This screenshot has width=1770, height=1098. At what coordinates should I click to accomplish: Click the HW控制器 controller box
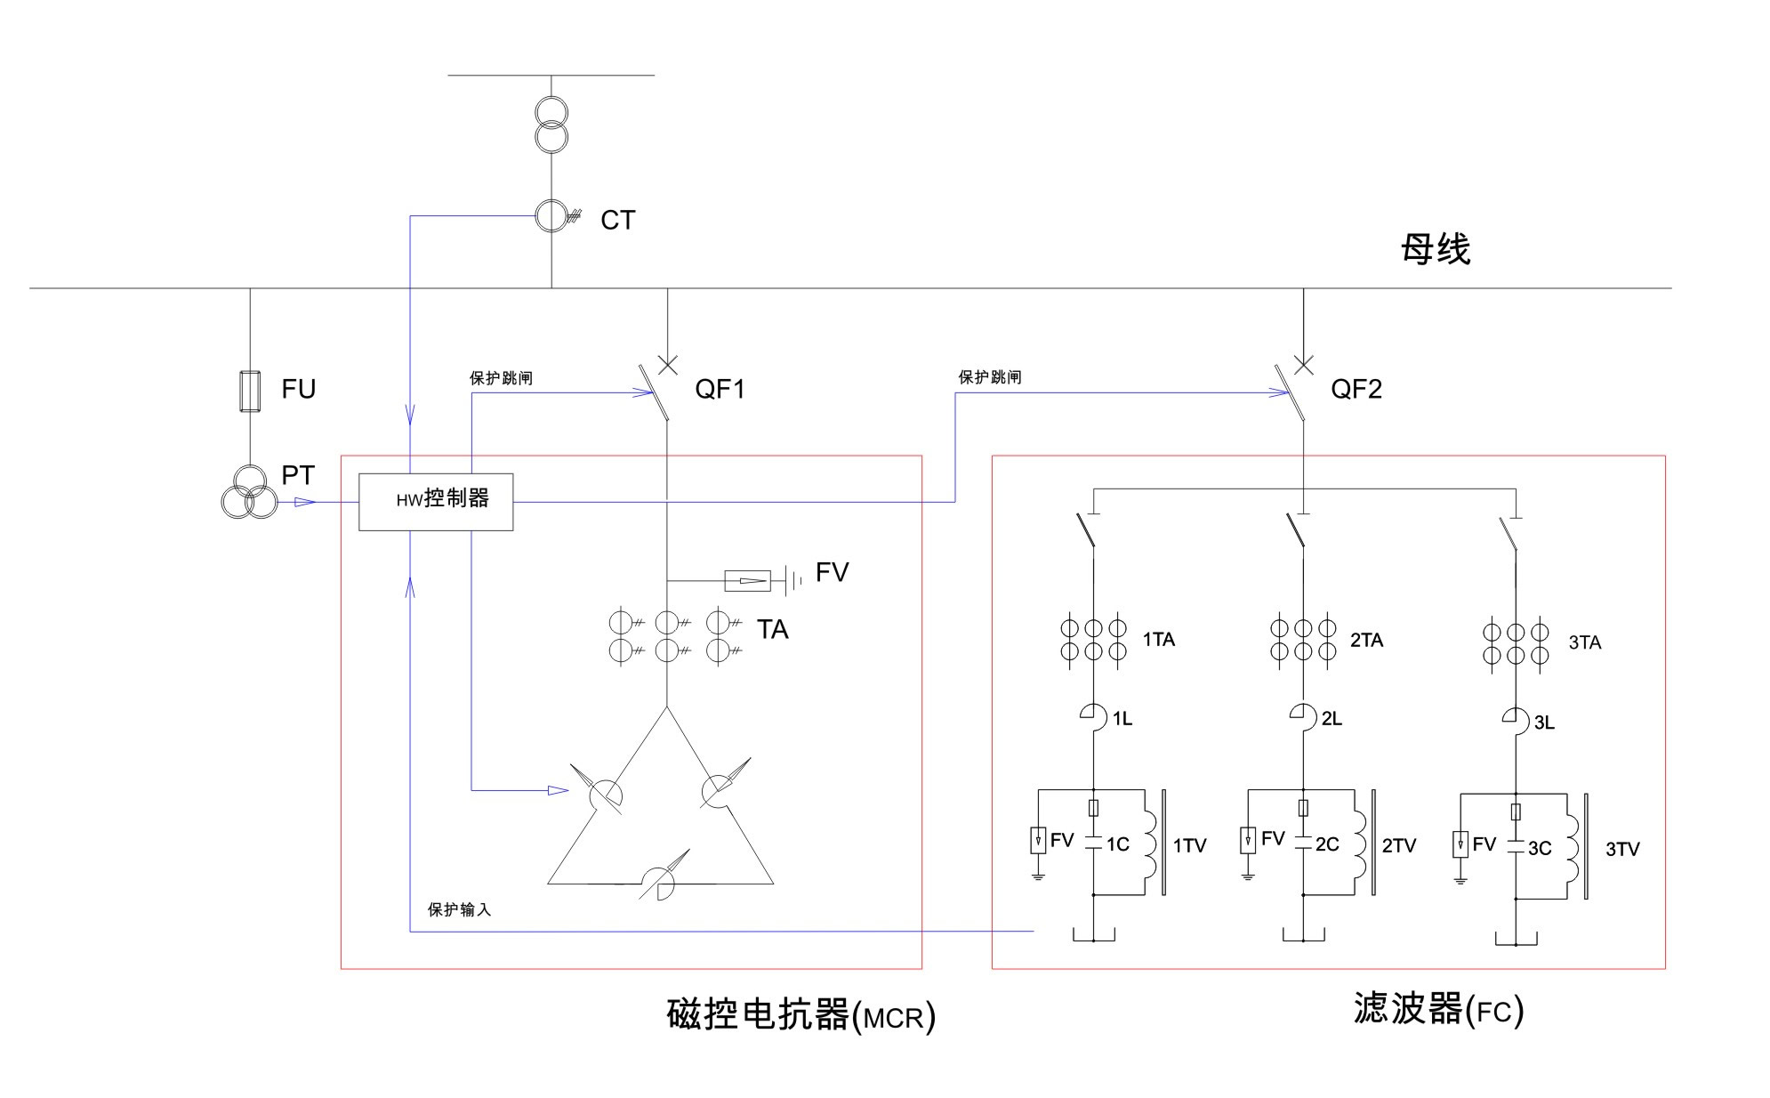click(436, 502)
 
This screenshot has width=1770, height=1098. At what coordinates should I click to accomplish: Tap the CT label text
click(617, 221)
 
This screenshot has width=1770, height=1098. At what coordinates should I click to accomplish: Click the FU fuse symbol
click(250, 392)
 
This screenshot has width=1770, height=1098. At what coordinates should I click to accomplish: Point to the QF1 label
click(720, 390)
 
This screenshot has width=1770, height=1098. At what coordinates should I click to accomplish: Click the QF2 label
click(1356, 390)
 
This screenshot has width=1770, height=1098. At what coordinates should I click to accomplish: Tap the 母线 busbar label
click(1435, 249)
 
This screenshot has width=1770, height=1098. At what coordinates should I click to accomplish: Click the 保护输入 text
click(459, 909)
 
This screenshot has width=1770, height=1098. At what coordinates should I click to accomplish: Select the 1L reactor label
click(1122, 719)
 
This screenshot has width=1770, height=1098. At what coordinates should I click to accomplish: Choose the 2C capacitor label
click(1327, 844)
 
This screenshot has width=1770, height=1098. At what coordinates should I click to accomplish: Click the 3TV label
click(1622, 850)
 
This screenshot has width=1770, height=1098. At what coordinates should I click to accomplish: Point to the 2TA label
click(1366, 641)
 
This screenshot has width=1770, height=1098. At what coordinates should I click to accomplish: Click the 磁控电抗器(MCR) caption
click(801, 1015)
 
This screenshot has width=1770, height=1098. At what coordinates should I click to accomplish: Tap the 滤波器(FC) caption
click(1438, 1010)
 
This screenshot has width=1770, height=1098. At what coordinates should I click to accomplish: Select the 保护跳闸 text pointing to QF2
click(989, 377)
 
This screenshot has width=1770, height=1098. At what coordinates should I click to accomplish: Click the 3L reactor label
click(1544, 723)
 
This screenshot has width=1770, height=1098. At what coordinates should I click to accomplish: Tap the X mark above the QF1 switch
click(667, 364)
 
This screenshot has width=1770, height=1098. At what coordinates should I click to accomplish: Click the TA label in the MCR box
click(772, 630)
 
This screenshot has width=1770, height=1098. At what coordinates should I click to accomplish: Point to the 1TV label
click(1189, 846)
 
